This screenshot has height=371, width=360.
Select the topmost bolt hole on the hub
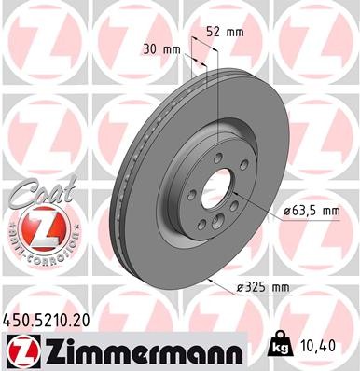pyautogui.click(x=216, y=157)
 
